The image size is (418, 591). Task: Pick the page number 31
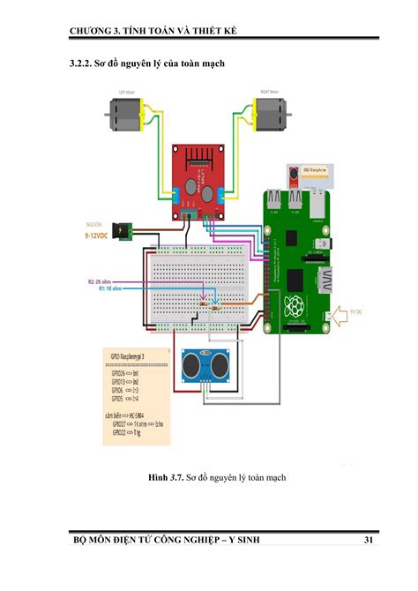369,540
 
